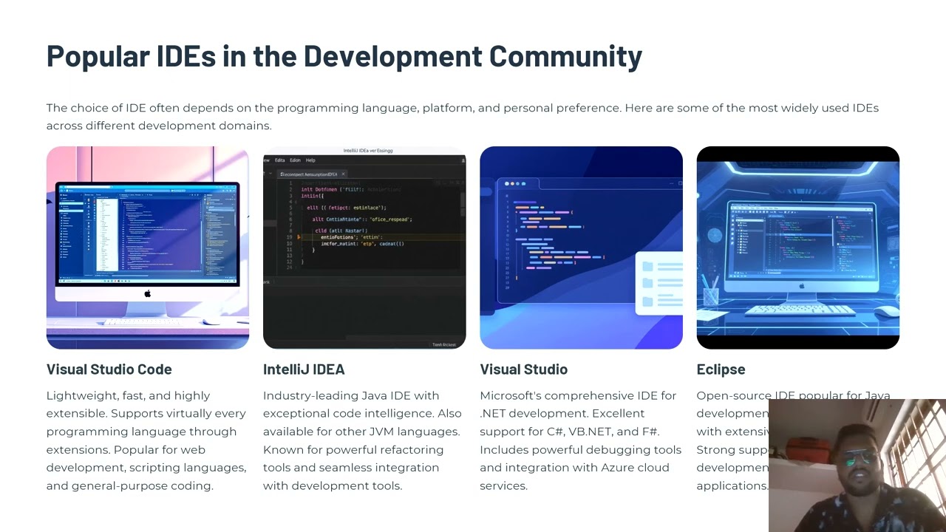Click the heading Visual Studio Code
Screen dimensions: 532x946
[109, 369]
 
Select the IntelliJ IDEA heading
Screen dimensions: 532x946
[304, 369]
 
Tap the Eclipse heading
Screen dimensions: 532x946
[721, 369]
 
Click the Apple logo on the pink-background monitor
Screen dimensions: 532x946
[148, 294]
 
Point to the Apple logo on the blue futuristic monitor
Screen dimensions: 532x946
[801, 286]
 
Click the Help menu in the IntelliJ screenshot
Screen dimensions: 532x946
[310, 160]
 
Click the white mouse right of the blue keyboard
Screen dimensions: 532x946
[887, 311]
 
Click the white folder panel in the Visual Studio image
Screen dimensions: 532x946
[659, 283]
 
